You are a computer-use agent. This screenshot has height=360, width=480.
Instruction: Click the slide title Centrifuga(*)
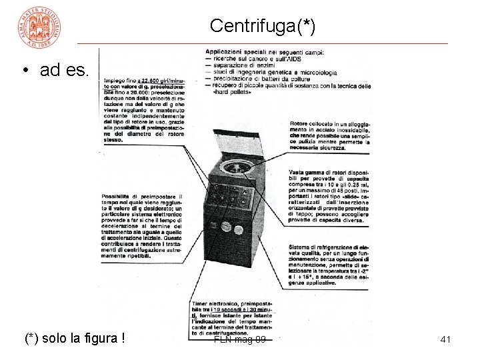click(x=262, y=26)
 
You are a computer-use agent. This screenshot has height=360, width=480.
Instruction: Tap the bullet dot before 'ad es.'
click(x=25, y=70)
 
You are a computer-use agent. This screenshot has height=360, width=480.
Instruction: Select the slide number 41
click(x=445, y=340)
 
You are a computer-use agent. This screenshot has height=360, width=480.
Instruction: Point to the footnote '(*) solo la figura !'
click(x=75, y=339)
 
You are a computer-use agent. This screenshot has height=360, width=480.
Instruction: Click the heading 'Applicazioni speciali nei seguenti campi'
click(x=264, y=52)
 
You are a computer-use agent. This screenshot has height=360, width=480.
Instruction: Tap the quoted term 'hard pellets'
click(x=233, y=92)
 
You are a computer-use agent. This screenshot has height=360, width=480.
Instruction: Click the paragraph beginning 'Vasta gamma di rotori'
click(x=329, y=193)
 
